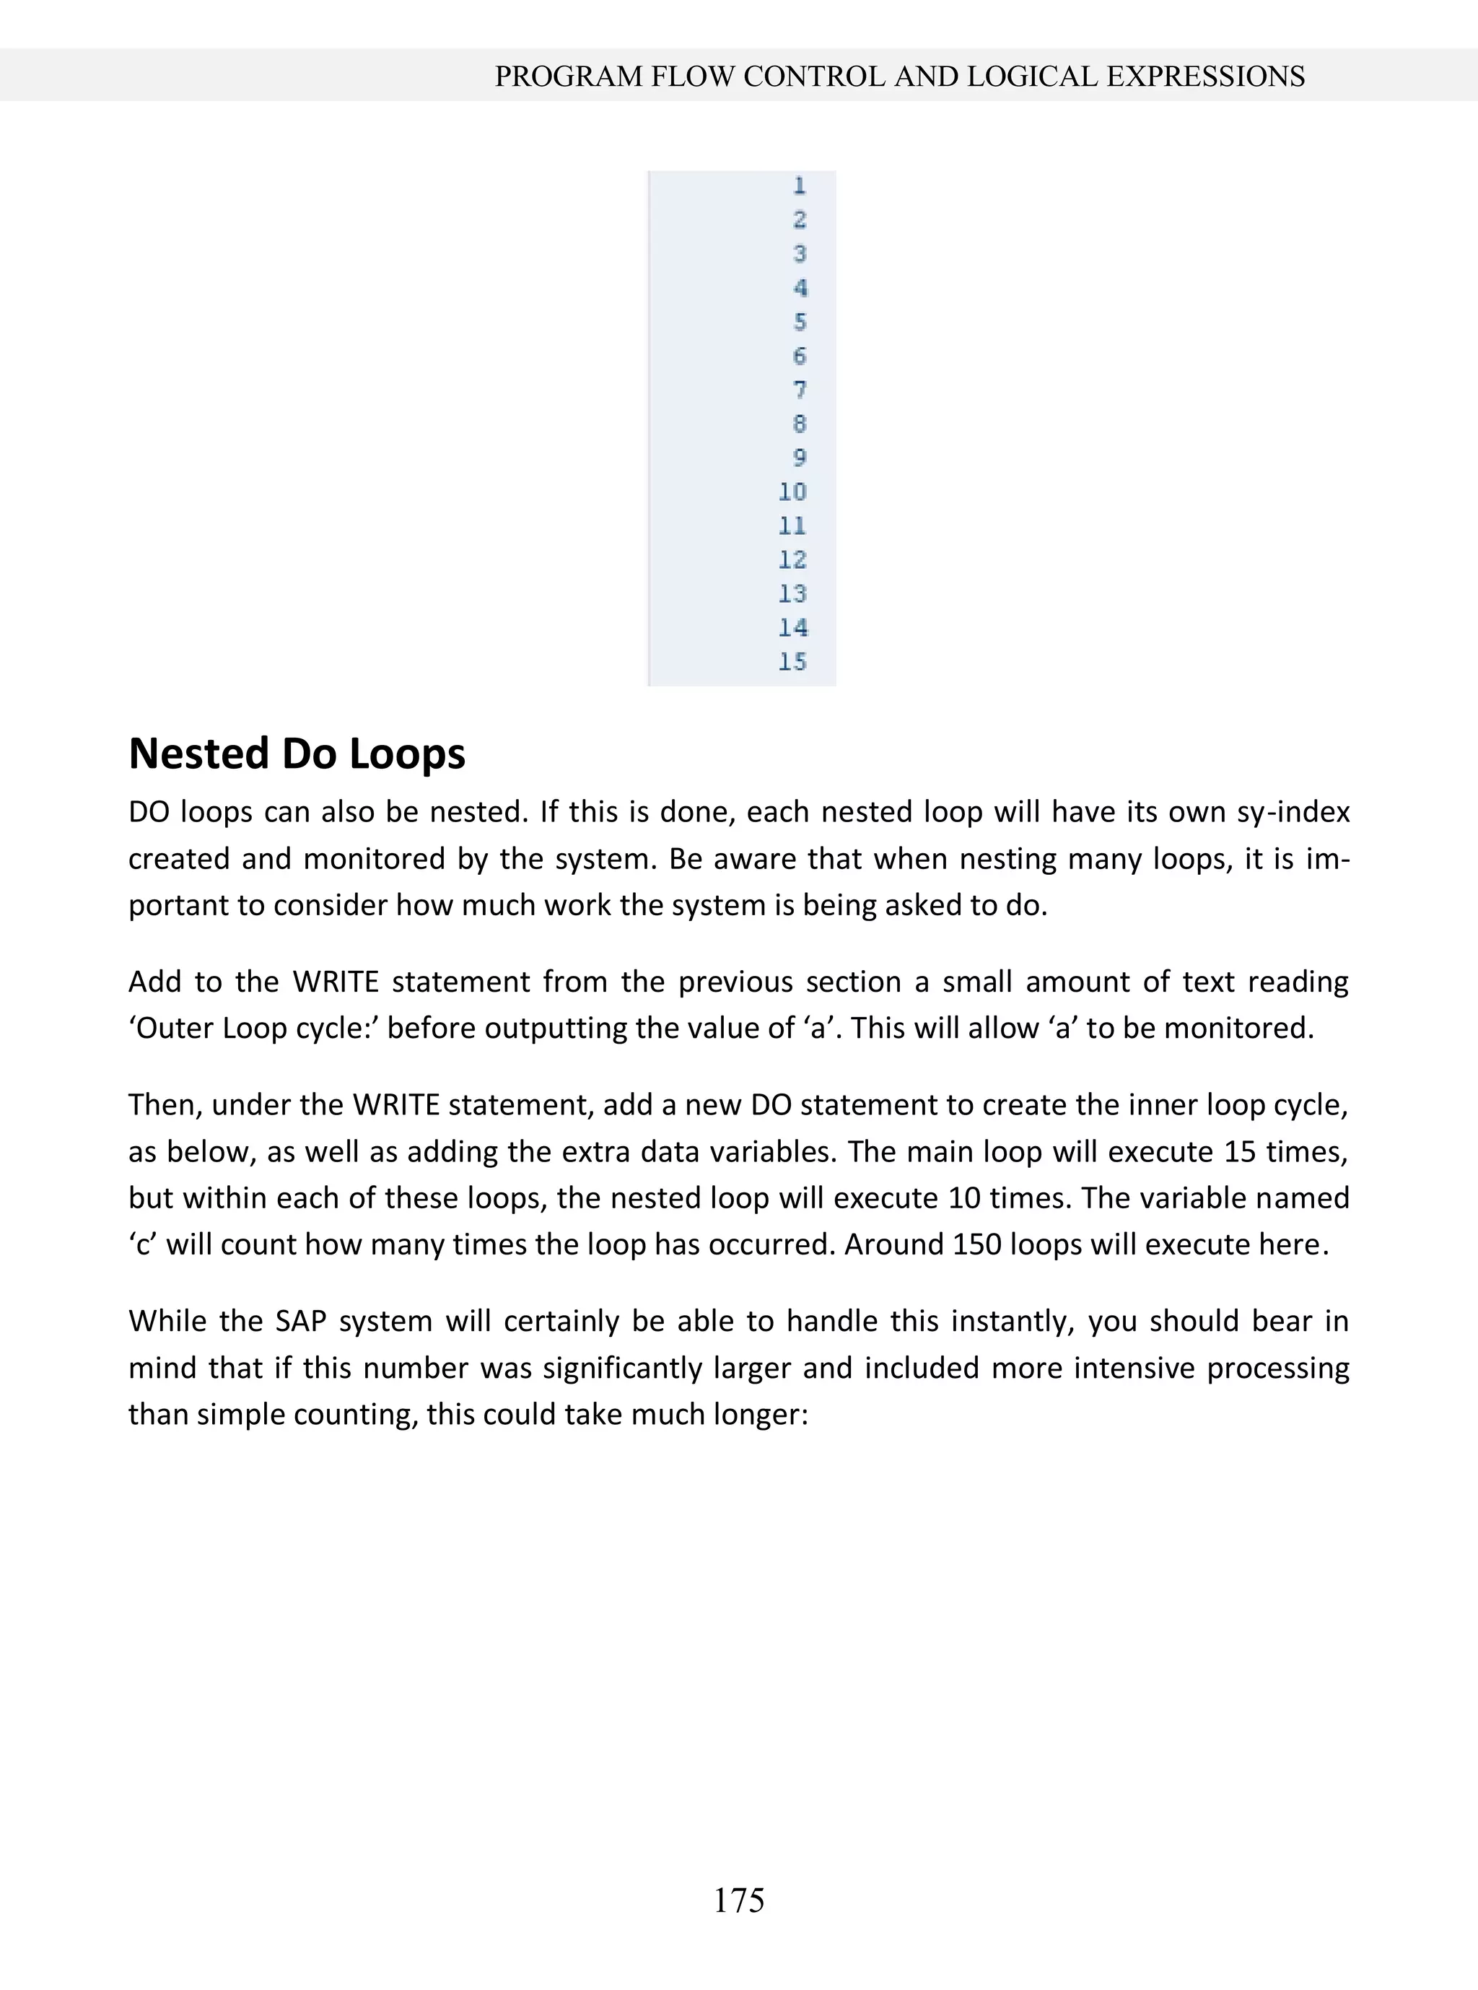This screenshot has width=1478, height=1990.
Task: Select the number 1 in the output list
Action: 799,186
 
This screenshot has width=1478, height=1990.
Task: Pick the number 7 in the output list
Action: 799,390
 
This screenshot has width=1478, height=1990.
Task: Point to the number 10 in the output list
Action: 792,492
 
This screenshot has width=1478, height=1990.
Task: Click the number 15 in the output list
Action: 792,662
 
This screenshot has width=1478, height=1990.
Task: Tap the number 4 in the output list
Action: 799,288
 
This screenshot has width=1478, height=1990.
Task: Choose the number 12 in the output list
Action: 792,560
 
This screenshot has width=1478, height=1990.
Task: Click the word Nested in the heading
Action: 198,754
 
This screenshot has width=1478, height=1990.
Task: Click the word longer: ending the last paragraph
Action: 761,1415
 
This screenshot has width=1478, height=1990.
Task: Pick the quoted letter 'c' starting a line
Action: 142,1244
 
